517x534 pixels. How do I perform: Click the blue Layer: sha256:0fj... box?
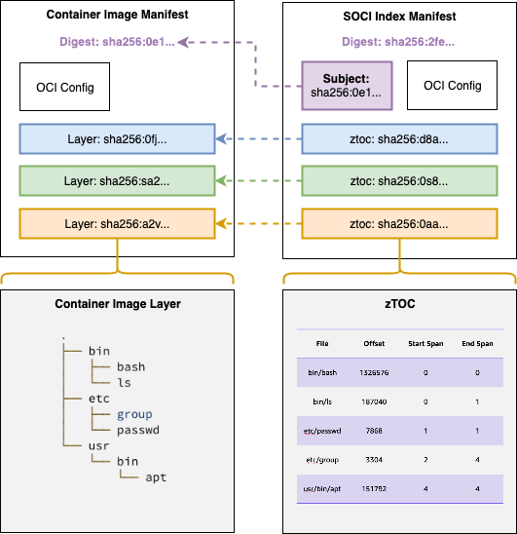pyautogui.click(x=117, y=139)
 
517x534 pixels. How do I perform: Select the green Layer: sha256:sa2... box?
pyautogui.click(x=117, y=181)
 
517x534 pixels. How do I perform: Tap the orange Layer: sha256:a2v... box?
pyautogui.click(x=117, y=223)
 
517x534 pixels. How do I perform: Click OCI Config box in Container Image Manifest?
pyautogui.click(x=65, y=87)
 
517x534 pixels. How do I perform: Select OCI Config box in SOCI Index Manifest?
pyautogui.click(x=452, y=86)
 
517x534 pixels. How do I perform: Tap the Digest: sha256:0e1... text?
pyautogui.click(x=116, y=42)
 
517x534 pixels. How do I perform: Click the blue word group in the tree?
pyautogui.click(x=134, y=414)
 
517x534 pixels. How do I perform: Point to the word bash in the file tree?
pyautogui.click(x=130, y=366)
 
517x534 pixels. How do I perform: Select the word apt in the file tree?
pyautogui.click(x=156, y=477)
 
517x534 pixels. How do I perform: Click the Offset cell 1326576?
pyautogui.click(x=374, y=372)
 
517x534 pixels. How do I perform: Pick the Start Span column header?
pyautogui.click(x=424, y=343)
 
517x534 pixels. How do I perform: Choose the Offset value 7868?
pyautogui.click(x=374, y=429)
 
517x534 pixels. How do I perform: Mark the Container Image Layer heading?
pyautogui.click(x=117, y=304)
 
